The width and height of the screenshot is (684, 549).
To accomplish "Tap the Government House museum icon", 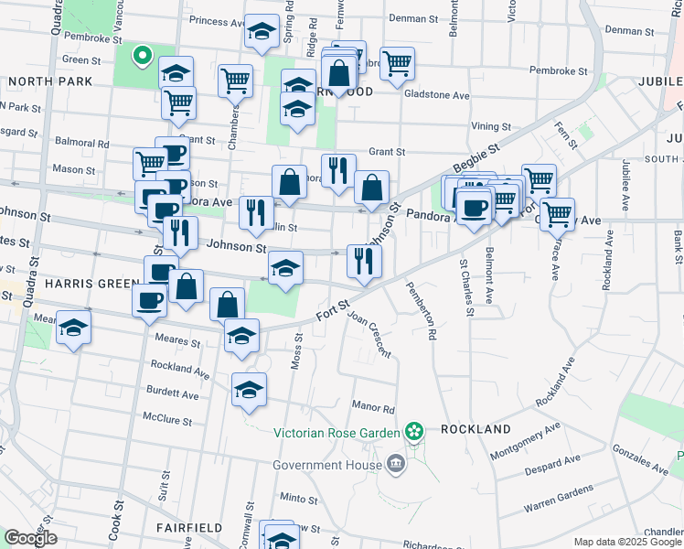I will [x=395, y=464].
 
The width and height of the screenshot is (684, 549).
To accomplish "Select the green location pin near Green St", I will [x=142, y=56].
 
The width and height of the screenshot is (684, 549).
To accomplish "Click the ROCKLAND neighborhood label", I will [x=475, y=429].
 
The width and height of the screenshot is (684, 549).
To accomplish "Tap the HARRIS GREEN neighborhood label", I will [x=91, y=284].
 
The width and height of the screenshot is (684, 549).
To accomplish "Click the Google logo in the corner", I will [x=31, y=538].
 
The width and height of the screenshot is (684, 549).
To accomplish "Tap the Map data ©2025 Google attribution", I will [x=627, y=542].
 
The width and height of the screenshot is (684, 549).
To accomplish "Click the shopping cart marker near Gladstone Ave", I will [x=397, y=63].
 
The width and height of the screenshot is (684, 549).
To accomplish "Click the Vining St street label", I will [x=491, y=126].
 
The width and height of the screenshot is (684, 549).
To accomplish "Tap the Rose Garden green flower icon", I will [x=414, y=430].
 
